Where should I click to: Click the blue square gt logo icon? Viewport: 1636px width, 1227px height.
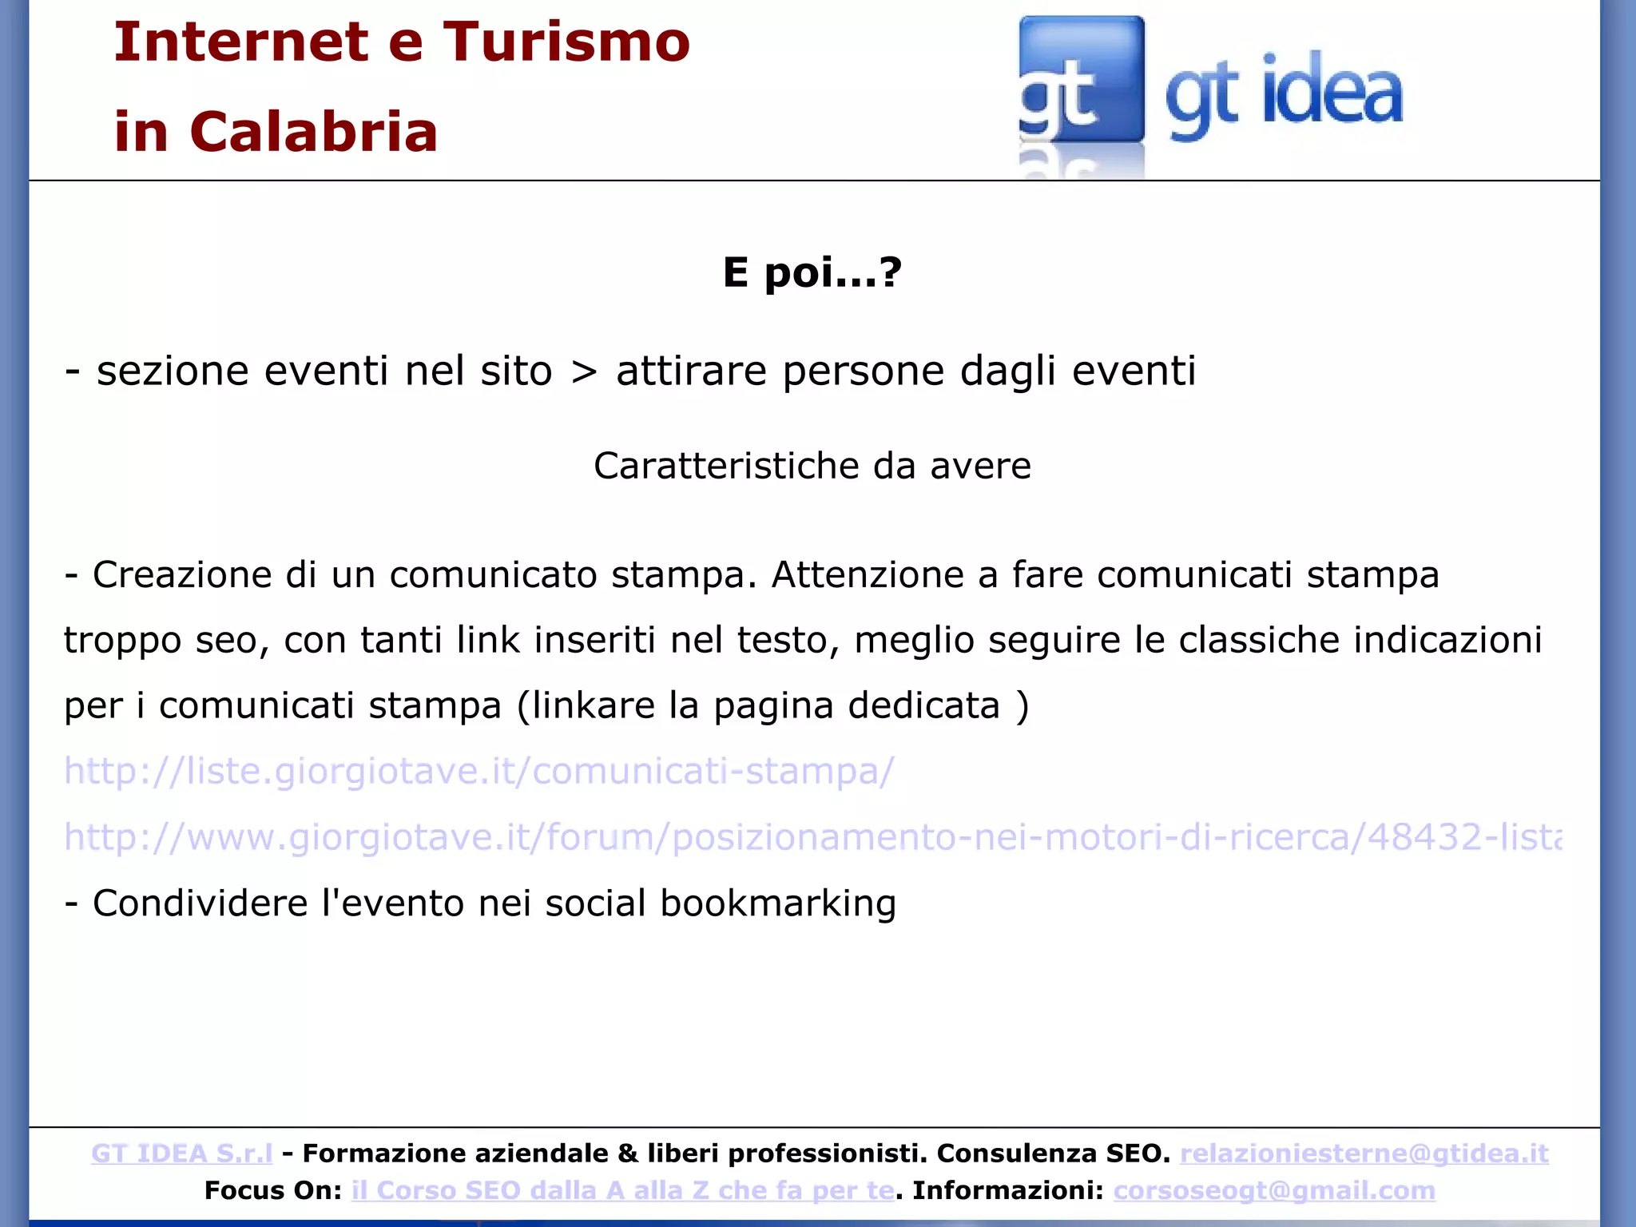click(x=1081, y=80)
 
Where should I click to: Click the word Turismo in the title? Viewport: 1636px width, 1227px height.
click(x=566, y=42)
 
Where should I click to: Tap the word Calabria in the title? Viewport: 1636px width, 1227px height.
click(x=314, y=132)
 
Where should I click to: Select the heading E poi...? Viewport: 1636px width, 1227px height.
click(x=812, y=272)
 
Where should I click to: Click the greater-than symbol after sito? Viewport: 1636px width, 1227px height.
click(x=584, y=371)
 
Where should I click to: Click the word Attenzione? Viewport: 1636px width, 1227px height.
click(x=868, y=575)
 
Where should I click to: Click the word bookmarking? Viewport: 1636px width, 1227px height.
click(x=778, y=904)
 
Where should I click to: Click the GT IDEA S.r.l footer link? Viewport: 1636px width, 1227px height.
click(x=182, y=1154)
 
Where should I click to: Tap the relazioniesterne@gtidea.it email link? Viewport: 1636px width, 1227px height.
click(x=1364, y=1154)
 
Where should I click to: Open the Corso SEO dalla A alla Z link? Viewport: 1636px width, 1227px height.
click(x=623, y=1190)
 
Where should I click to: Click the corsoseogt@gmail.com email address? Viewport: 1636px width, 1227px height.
click(x=1274, y=1190)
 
